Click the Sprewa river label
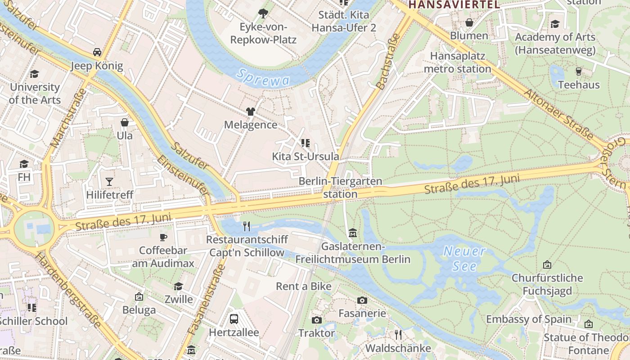click(x=263, y=77)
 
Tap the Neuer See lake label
click(x=465, y=259)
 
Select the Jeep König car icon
click(x=97, y=52)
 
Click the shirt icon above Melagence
click(x=251, y=111)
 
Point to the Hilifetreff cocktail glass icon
click(x=109, y=181)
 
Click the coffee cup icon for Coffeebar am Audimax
click(x=163, y=237)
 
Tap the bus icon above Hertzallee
click(x=234, y=319)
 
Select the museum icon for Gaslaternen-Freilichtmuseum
click(x=353, y=233)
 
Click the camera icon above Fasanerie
click(x=362, y=300)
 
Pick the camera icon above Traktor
click(x=317, y=320)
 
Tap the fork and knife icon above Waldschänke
click(x=398, y=334)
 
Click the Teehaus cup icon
click(x=579, y=71)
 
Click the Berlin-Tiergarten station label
click(x=340, y=188)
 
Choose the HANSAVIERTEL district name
click(x=454, y=4)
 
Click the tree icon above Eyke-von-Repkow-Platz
click(x=263, y=13)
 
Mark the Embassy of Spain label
click(x=529, y=319)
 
